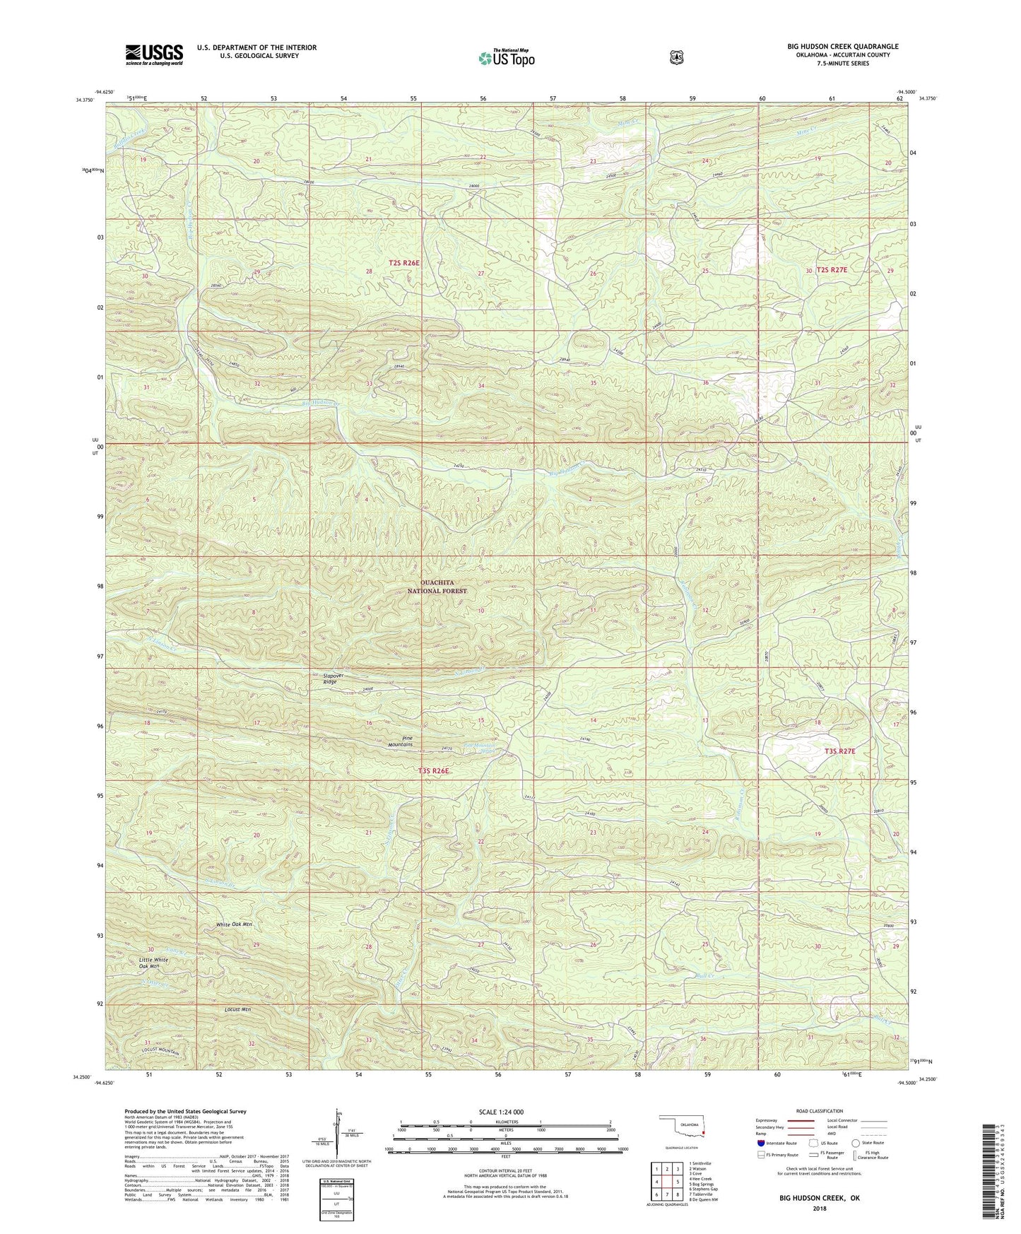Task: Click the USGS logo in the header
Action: pyautogui.click(x=154, y=54)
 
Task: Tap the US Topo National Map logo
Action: pyautogui.click(x=505, y=57)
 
